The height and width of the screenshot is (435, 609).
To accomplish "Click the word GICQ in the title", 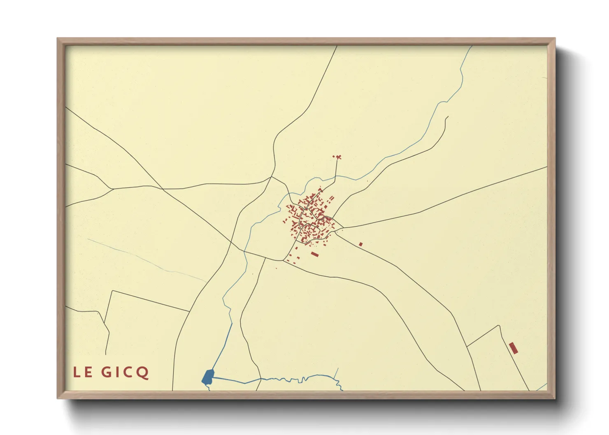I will [x=125, y=372].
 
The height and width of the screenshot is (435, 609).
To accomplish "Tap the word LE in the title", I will [x=83, y=372].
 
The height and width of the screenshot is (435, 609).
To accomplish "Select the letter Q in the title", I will [x=143, y=373].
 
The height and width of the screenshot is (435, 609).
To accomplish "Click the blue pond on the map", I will [x=208, y=377].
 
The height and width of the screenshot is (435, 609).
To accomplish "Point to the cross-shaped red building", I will [x=339, y=157].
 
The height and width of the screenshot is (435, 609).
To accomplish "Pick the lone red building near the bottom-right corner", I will [x=513, y=348].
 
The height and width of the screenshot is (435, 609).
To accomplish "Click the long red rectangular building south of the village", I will [x=315, y=255].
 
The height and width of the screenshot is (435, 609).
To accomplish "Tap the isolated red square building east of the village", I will [x=361, y=244].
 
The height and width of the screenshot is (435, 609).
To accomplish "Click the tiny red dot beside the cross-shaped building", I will [x=333, y=156].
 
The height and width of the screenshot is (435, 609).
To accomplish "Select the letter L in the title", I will [x=76, y=372].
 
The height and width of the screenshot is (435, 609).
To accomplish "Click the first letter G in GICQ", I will [x=106, y=372].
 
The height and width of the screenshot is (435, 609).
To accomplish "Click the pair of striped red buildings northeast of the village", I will [x=331, y=198].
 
